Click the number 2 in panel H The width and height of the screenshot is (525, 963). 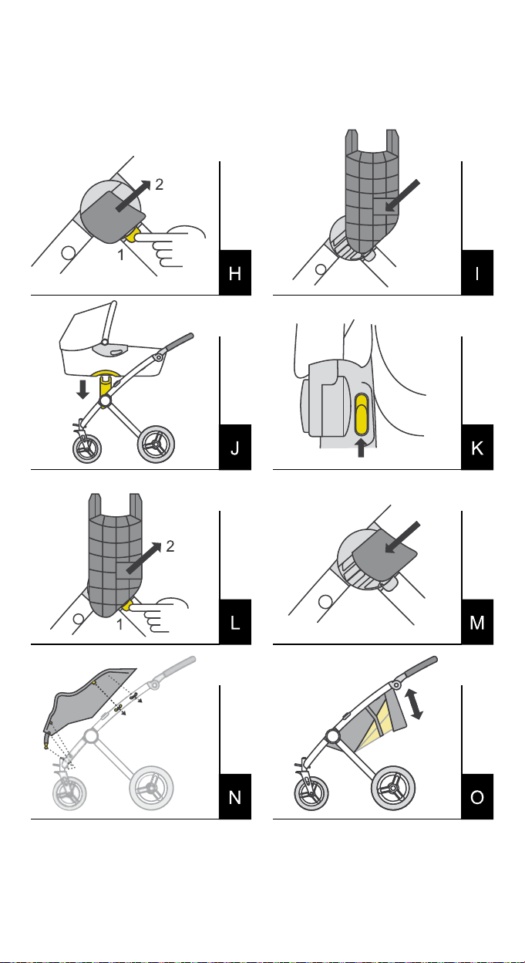tap(159, 185)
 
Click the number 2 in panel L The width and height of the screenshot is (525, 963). tap(170, 547)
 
